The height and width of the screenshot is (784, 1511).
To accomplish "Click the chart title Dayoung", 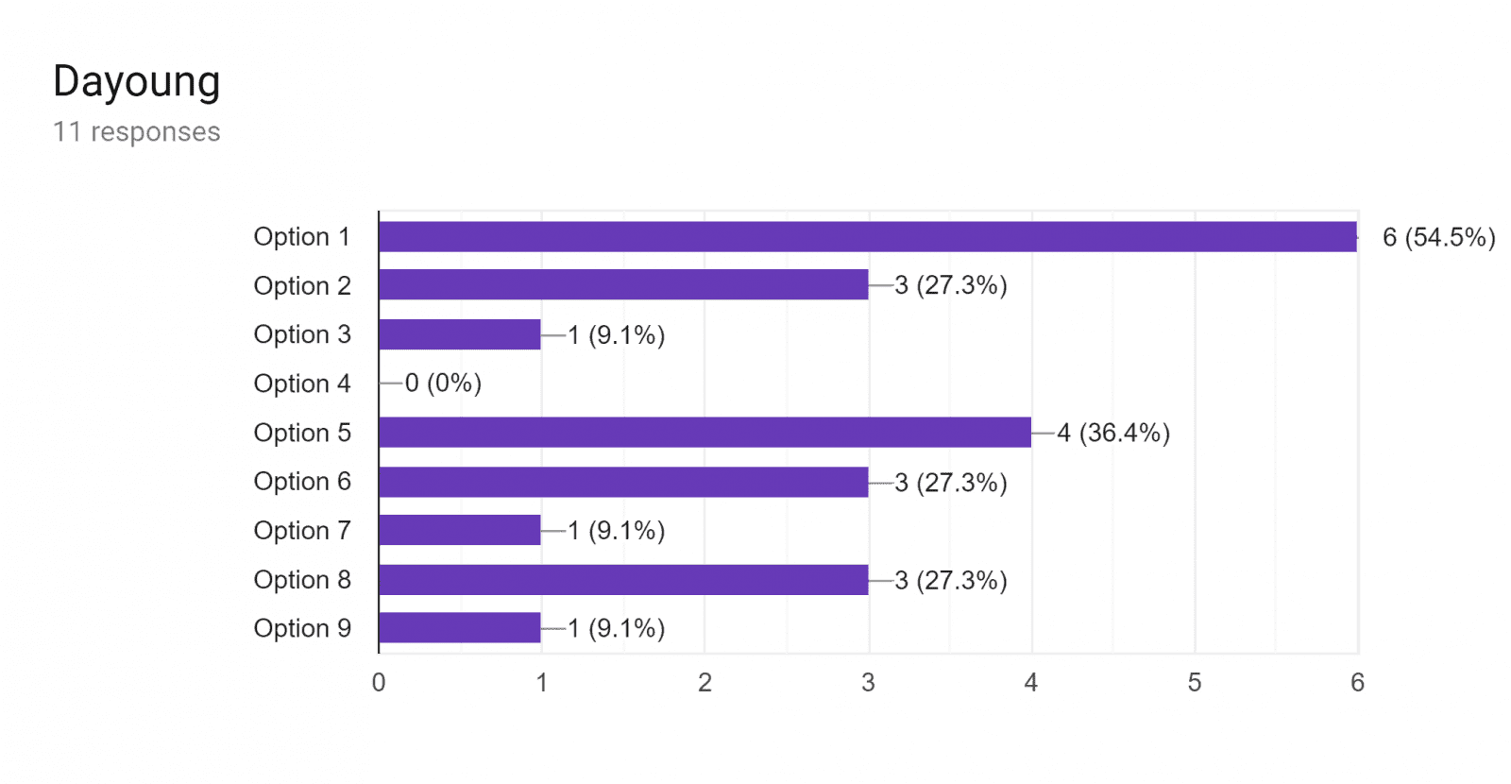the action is click(x=137, y=81).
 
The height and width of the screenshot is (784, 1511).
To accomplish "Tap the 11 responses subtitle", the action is click(x=137, y=131).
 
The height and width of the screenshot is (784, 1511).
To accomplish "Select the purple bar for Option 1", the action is click(x=868, y=237).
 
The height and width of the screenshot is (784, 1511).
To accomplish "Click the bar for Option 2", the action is click(x=623, y=284).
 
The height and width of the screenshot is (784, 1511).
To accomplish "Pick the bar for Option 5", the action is click(x=705, y=432).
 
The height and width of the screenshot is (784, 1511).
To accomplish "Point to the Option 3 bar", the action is click(x=460, y=334).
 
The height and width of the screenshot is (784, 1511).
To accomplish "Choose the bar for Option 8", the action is click(x=623, y=580).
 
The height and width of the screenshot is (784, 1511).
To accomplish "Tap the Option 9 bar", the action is click(x=460, y=627).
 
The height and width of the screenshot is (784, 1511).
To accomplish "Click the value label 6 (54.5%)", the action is click(x=1439, y=237).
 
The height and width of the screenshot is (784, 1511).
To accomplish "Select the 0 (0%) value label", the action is click(x=443, y=383).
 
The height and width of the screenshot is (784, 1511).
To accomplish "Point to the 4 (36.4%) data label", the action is click(x=1113, y=433).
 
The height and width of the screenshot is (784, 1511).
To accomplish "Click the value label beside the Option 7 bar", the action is click(x=617, y=531).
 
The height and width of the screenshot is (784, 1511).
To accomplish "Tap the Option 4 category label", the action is click(x=302, y=383).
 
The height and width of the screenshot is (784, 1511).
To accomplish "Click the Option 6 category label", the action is click(x=302, y=481).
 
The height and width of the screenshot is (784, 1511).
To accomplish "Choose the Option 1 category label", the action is click(x=302, y=237).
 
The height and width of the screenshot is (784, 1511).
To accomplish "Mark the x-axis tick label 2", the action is click(x=705, y=683).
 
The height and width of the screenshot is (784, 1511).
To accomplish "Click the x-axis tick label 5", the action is click(x=1195, y=683).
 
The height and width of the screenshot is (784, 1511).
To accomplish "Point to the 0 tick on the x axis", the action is click(x=379, y=683).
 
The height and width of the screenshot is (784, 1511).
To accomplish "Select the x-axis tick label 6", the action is click(x=1357, y=683).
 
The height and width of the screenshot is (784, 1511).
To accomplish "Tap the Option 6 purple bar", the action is click(x=623, y=482).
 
